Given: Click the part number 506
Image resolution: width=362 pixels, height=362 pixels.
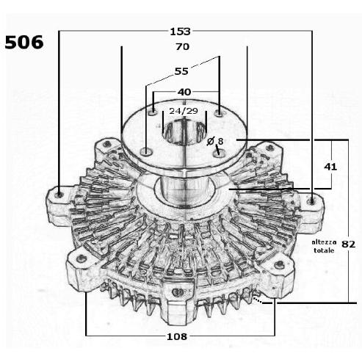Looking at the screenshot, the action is click(x=24, y=42).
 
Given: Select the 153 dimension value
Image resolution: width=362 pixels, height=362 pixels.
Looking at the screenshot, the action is click(x=180, y=32).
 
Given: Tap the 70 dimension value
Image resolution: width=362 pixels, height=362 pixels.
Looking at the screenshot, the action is click(x=182, y=46).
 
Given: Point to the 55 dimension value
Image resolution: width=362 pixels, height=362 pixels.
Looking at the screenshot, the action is click(x=181, y=71).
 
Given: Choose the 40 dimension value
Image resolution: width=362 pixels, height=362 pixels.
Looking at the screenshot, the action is click(x=184, y=93).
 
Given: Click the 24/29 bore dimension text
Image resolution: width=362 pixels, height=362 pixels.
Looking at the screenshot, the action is click(x=184, y=111).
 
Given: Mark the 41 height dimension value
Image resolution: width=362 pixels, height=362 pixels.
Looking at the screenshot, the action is click(x=330, y=167).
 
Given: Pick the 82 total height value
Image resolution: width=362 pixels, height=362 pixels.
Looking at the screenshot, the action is click(x=348, y=244).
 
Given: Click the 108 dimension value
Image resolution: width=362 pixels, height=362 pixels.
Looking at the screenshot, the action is click(x=177, y=337).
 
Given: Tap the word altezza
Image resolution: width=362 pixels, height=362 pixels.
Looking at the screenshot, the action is click(x=324, y=242).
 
